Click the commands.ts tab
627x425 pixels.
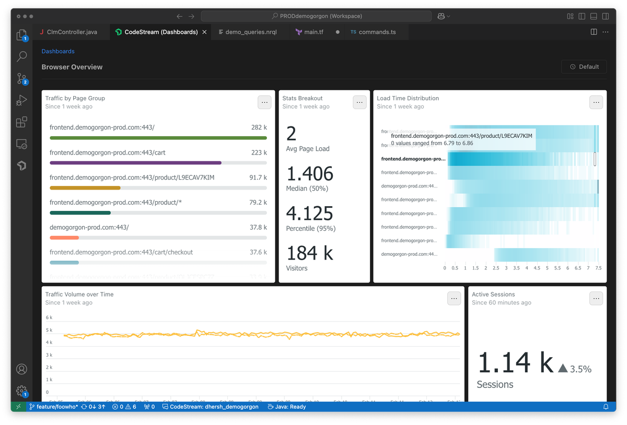coord(377,32)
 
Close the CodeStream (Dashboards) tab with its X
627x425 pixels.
coord(205,32)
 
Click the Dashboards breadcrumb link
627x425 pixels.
coord(58,51)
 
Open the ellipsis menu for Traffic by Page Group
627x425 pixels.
coord(264,102)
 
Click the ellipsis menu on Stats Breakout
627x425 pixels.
coord(359,102)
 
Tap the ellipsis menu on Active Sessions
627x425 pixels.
coord(596,298)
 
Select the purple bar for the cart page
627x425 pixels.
coord(135,163)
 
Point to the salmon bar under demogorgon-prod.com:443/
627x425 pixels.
coord(64,238)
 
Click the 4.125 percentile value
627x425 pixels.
coord(309,214)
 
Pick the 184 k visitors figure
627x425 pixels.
coord(309,253)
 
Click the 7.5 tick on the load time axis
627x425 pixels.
coord(598,268)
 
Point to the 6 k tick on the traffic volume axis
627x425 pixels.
coord(49,317)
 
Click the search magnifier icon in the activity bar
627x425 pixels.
coord(21,56)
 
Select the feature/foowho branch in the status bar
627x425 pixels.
coord(53,407)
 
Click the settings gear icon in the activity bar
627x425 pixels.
coord(21,391)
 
